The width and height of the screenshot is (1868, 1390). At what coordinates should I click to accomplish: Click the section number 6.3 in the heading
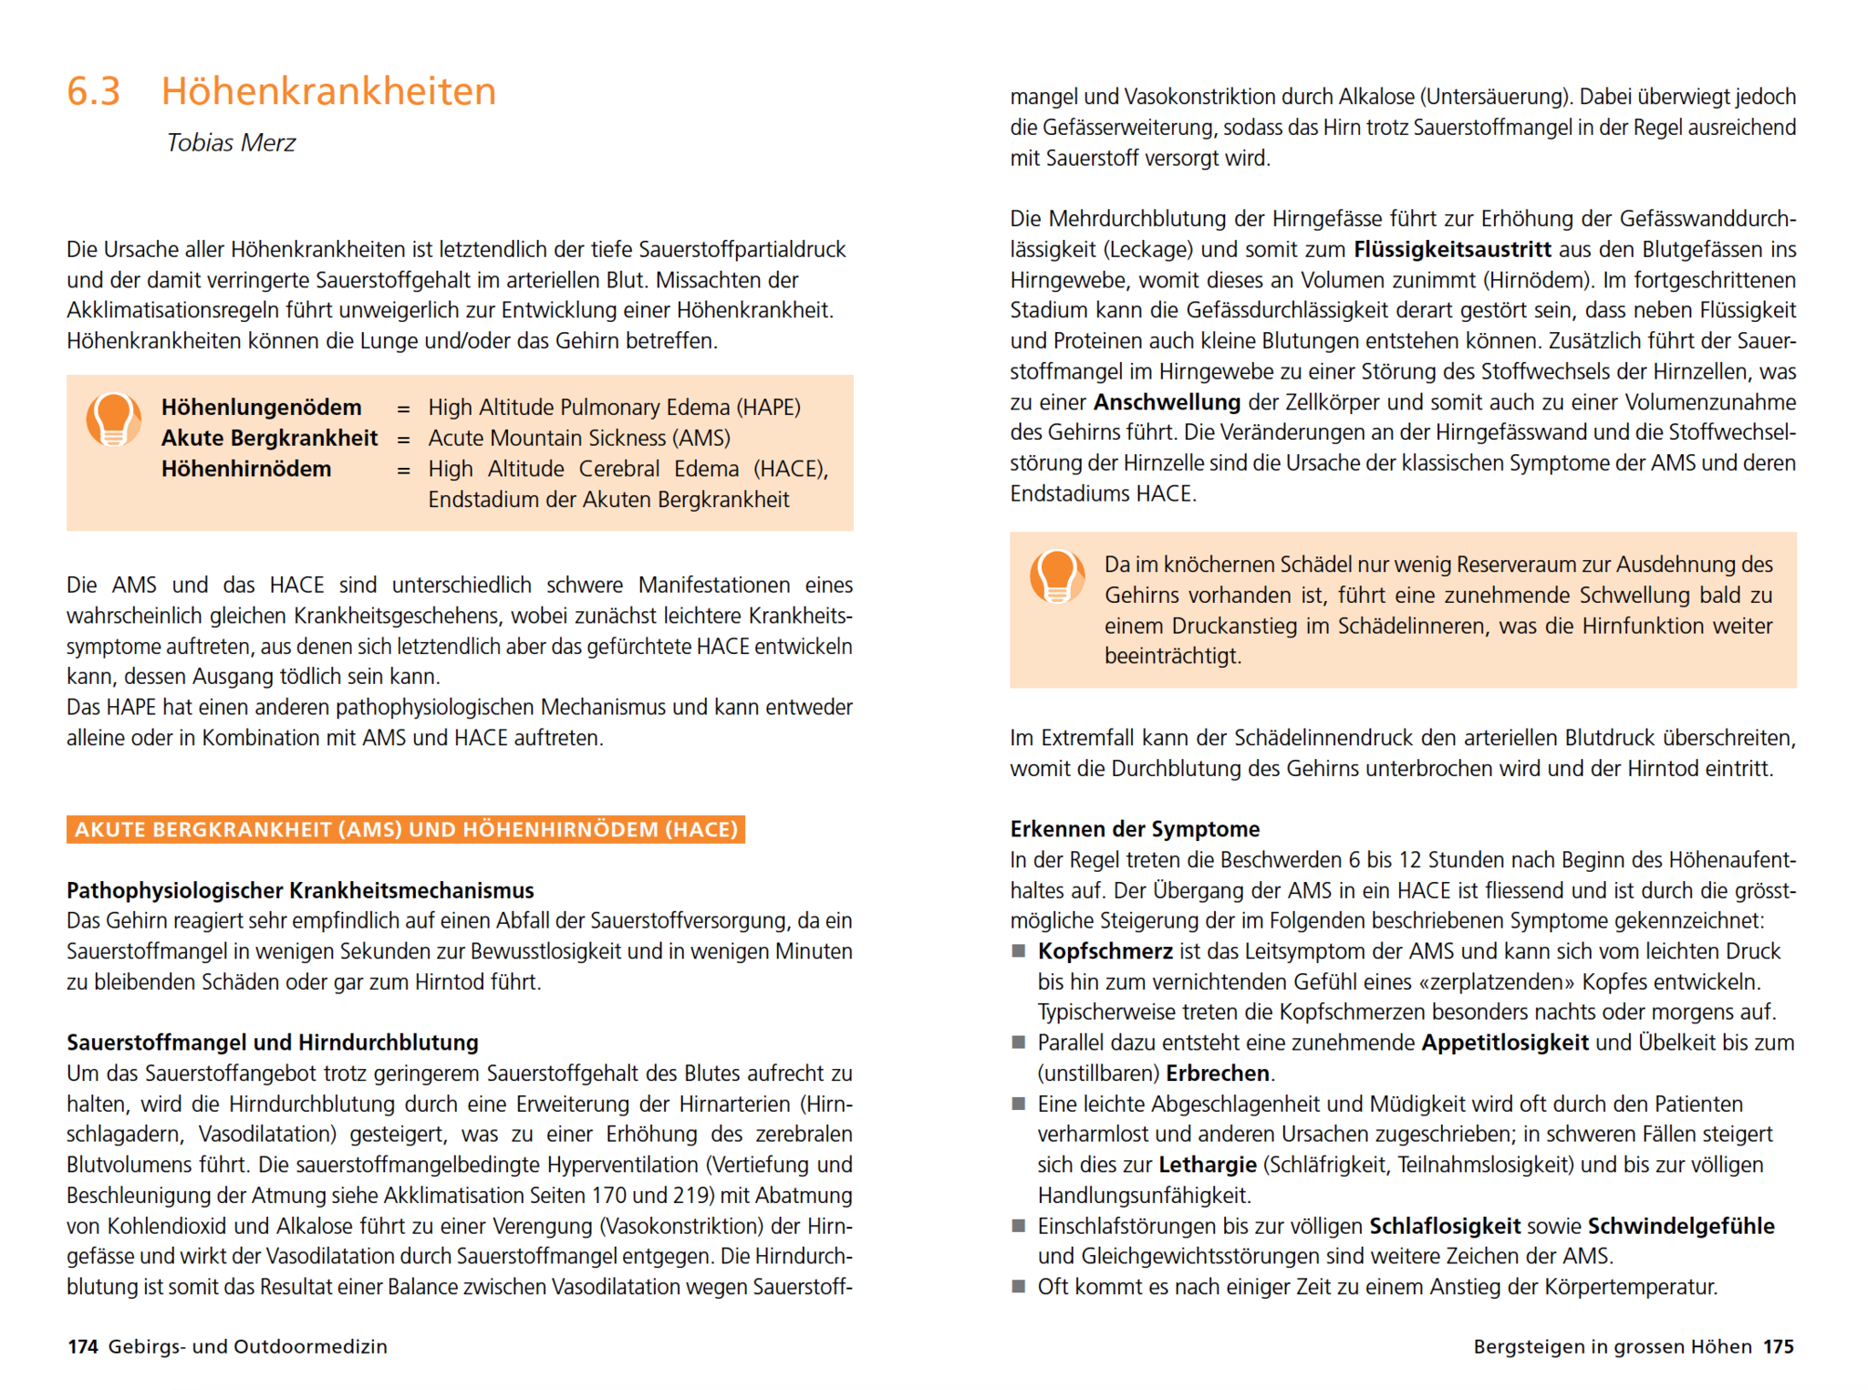(x=93, y=91)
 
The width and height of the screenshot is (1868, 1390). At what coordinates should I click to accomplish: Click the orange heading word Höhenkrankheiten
(x=328, y=91)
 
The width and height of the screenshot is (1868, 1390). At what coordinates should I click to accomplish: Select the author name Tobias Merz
(x=231, y=142)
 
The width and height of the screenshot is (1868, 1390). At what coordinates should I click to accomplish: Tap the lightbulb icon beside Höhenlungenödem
(x=113, y=420)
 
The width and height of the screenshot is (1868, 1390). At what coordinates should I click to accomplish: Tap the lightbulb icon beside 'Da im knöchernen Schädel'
(x=1056, y=577)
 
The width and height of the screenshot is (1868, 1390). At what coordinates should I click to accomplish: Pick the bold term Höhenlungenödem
(x=261, y=407)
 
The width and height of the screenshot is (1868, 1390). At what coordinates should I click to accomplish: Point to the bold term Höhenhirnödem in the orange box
(x=246, y=469)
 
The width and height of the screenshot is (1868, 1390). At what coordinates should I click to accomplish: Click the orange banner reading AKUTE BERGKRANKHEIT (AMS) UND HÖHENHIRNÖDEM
(x=406, y=829)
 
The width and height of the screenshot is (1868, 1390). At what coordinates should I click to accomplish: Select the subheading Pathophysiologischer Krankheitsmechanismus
(x=300, y=890)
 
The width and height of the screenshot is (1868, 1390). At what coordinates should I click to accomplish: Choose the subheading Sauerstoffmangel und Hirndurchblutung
(x=273, y=1042)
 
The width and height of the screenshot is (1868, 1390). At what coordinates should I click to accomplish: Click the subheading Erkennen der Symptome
(x=1135, y=829)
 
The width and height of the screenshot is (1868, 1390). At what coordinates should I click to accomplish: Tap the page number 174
(x=82, y=1346)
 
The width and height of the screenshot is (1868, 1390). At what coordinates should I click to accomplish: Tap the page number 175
(x=1778, y=1346)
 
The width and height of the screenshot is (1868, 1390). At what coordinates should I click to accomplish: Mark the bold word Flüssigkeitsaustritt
(x=1452, y=249)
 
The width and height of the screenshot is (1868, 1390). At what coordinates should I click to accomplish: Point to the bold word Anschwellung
(x=1167, y=402)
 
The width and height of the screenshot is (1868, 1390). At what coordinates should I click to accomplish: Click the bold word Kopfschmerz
(x=1105, y=951)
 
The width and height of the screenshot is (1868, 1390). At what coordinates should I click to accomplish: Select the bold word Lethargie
(x=1208, y=1165)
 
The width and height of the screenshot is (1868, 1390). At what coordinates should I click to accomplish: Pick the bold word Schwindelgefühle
(x=1681, y=1226)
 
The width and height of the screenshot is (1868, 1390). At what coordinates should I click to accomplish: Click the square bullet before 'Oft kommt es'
(x=1019, y=1287)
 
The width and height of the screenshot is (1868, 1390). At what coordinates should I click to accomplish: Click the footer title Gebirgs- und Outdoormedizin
(x=247, y=1346)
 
